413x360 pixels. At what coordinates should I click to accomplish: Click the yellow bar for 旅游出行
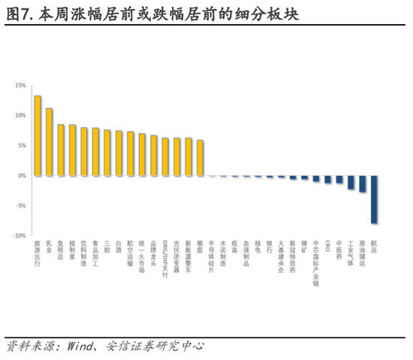38,136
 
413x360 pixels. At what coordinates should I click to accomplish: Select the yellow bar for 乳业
49,142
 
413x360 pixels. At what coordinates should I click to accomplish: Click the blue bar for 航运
374,199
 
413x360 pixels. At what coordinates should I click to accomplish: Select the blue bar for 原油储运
363,183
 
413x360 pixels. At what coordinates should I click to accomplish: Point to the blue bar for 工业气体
351,182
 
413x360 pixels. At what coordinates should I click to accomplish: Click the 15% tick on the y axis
20,86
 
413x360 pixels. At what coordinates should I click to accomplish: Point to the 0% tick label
22,176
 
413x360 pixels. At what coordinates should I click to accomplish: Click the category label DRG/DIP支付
165,259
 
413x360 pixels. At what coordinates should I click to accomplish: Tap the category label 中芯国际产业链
316,263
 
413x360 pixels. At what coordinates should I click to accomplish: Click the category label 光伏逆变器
176,256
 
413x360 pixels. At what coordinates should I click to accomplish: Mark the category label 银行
270,247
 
